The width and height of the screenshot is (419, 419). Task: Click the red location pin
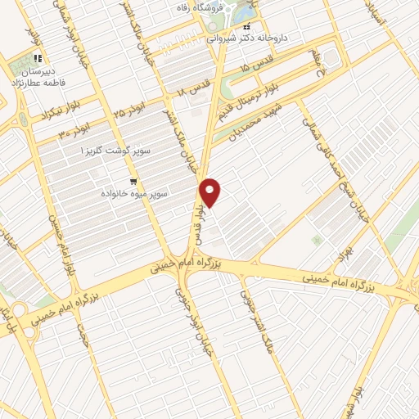point(211,192)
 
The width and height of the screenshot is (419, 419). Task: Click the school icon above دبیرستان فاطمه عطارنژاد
point(38,60)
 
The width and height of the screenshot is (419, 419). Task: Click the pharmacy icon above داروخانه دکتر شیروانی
point(246,25)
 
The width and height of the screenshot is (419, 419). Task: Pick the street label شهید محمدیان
point(257,124)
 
